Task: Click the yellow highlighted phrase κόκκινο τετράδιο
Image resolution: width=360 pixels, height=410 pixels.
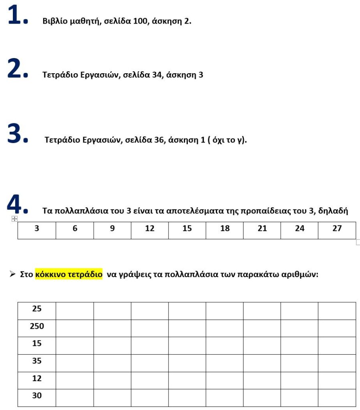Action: click(x=68, y=275)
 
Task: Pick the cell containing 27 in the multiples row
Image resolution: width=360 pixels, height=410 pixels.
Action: click(x=337, y=229)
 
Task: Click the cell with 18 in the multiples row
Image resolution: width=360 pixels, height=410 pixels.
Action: click(x=225, y=229)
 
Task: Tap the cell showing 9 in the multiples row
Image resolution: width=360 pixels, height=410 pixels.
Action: click(x=112, y=229)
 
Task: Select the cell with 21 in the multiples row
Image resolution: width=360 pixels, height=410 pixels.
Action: click(x=262, y=229)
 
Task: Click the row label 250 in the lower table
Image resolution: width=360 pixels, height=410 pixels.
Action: click(x=37, y=326)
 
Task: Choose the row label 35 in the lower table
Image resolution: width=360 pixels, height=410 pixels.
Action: click(x=37, y=361)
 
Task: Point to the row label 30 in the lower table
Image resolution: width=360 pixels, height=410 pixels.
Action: click(x=37, y=396)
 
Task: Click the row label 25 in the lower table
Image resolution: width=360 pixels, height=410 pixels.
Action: click(x=37, y=309)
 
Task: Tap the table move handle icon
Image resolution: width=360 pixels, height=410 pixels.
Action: click(x=14, y=219)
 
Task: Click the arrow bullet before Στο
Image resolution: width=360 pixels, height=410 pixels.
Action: click(x=13, y=275)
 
